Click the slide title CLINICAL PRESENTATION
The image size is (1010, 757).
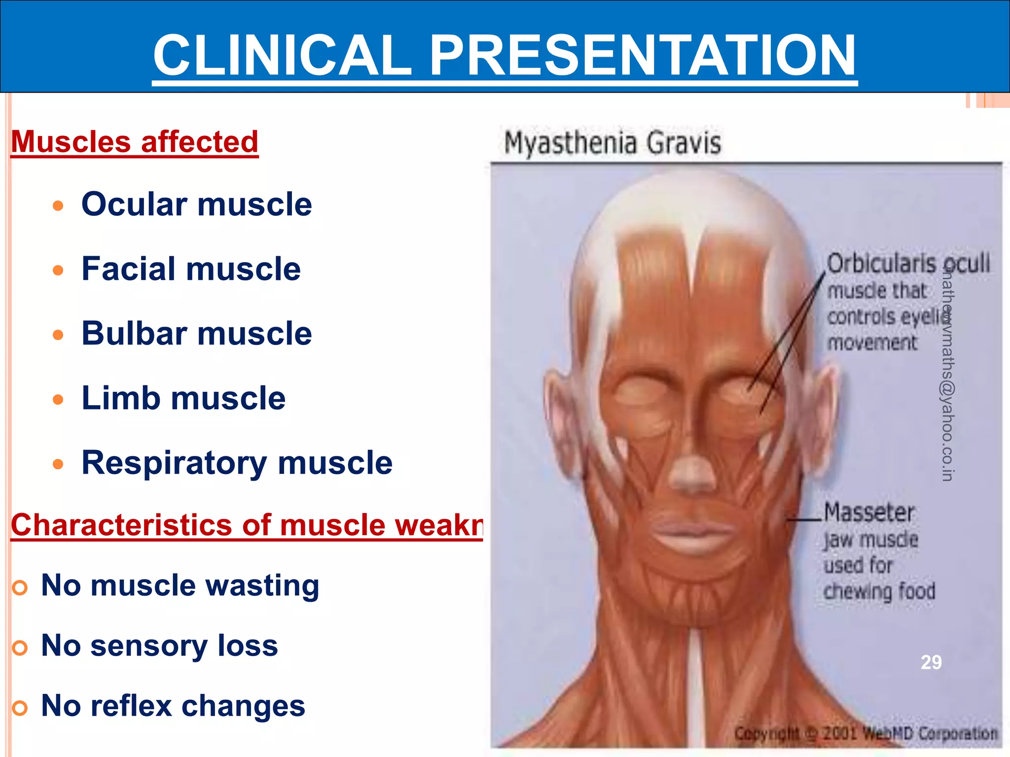[x=505, y=55]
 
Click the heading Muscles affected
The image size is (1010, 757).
[x=135, y=142]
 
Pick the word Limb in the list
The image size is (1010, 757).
[x=120, y=398]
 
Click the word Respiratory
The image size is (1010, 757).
[x=174, y=463]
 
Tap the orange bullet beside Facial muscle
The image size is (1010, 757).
[x=58, y=270]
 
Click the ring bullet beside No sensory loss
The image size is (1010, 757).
[x=20, y=648]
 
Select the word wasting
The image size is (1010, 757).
[x=262, y=585]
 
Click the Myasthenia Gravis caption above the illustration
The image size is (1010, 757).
[x=612, y=143]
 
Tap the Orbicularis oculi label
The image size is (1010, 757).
[x=907, y=263]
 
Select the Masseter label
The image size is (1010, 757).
[x=869, y=513]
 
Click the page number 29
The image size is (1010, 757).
[x=931, y=662]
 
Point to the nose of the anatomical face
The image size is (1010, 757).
[x=693, y=471]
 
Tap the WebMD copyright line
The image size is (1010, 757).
[x=866, y=733]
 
